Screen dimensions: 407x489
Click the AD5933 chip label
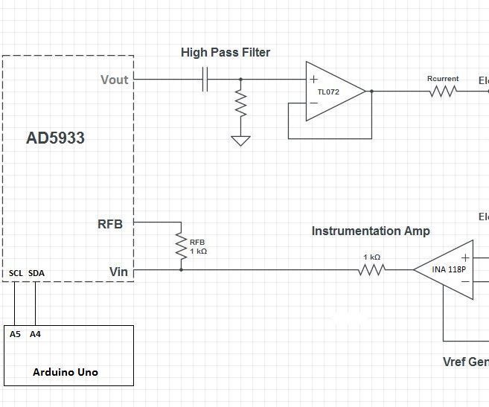[x=56, y=138]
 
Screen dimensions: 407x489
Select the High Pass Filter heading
[x=226, y=53]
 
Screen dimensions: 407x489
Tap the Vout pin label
[x=115, y=80]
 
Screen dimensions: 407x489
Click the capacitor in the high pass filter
[x=206, y=80]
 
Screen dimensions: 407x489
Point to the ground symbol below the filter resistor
[x=240, y=140]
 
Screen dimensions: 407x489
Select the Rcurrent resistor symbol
[x=443, y=92]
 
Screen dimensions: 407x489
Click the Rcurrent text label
[x=443, y=79]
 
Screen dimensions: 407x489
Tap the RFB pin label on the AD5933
[x=110, y=223]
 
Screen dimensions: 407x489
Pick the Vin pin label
[x=118, y=272]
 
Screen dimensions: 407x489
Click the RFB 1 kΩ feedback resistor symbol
[x=181, y=246]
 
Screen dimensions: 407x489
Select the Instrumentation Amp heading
[x=371, y=231]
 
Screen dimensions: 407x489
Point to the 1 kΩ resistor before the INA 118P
[x=371, y=270]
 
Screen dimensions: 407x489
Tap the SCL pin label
[x=16, y=274]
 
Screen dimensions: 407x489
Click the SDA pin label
[x=36, y=274]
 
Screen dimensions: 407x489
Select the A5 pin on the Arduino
[x=16, y=334]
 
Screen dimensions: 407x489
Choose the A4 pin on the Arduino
[x=35, y=334]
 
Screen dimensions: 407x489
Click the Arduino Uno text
[x=65, y=372]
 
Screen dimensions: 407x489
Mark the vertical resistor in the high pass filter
[x=240, y=103]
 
